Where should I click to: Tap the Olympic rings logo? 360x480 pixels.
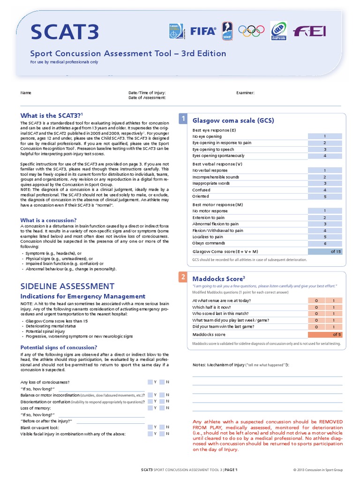click(252, 31)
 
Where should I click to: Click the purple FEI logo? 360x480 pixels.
click(309, 31)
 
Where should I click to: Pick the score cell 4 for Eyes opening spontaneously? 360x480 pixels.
click(324, 156)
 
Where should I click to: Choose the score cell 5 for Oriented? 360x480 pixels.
click(324, 196)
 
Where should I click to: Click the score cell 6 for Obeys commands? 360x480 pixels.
click(324, 243)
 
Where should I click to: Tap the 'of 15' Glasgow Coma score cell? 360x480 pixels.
click(324, 251)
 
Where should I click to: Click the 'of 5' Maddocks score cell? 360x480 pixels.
click(324, 334)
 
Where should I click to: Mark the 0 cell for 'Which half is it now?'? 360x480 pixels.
click(316, 307)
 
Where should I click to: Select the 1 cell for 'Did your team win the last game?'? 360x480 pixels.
click(333, 326)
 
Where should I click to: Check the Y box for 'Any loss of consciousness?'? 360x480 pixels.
click(150, 382)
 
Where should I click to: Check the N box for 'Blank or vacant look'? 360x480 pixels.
click(162, 427)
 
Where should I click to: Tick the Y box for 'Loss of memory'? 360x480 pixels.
click(150, 408)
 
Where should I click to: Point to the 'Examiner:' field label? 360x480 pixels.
click(245, 93)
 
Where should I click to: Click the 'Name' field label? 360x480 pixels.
click(25, 93)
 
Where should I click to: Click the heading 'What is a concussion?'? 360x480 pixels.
click(48, 220)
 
